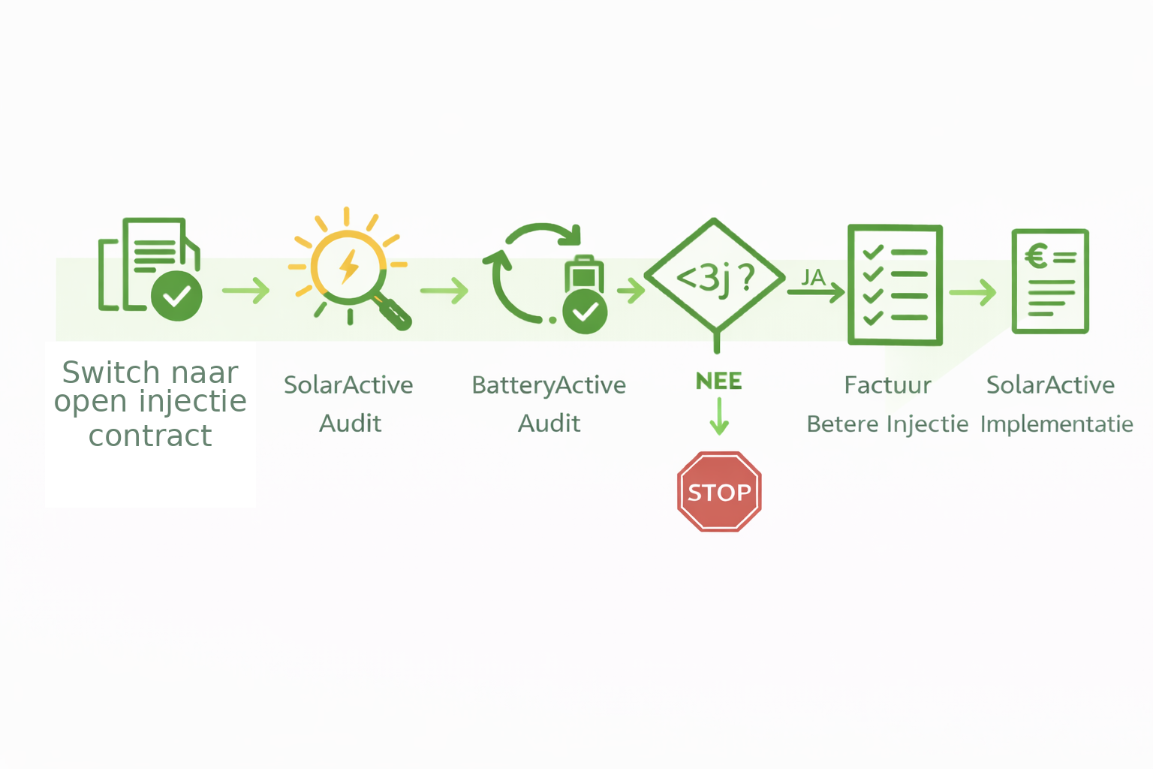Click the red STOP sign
click(719, 492)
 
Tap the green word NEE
click(718, 381)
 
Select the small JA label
click(813, 277)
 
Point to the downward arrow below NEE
click(719, 417)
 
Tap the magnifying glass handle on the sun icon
click(394, 313)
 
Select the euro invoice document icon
click(1050, 281)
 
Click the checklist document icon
click(895, 285)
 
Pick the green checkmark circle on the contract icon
click(176, 296)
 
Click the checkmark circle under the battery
click(585, 311)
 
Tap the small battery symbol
click(584, 274)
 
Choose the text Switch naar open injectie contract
click(150, 403)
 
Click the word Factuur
click(887, 385)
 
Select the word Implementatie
click(1057, 424)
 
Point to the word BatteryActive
click(549, 385)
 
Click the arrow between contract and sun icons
click(246, 290)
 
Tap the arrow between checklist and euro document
click(973, 292)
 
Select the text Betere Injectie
click(887, 424)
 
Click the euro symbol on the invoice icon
click(1037, 257)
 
